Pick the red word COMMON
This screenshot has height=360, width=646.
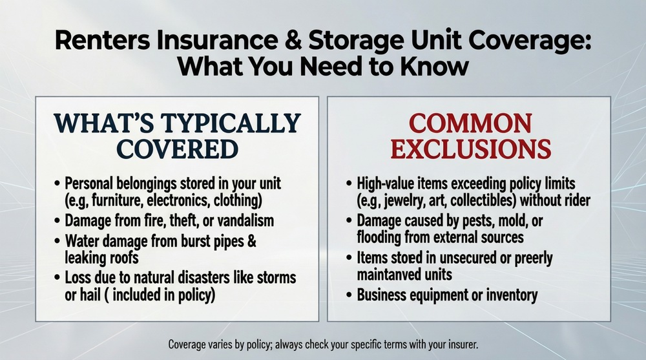[470, 123]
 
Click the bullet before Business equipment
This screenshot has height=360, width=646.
[349, 295]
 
